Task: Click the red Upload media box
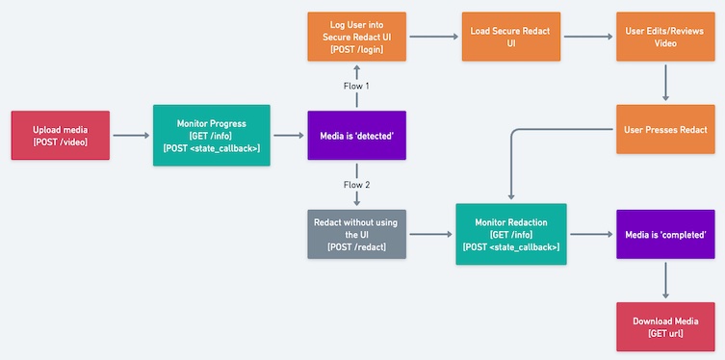[60, 136]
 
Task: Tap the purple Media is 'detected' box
[356, 136]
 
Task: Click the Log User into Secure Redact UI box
[356, 37]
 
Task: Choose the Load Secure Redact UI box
[510, 37]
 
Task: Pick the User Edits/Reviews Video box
[665, 37]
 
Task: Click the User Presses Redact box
[665, 129]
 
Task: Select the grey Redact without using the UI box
[356, 234]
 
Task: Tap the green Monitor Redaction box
[510, 234]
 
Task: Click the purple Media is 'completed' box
[665, 234]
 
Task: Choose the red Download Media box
[665, 326]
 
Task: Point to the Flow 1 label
[356, 86]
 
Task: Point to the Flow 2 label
[356, 185]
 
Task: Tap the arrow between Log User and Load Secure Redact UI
[433, 37]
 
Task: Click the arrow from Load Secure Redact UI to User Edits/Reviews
[587, 37]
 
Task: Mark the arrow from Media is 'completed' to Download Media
[665, 280]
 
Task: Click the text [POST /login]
[356, 50]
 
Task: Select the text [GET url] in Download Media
[665, 333]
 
